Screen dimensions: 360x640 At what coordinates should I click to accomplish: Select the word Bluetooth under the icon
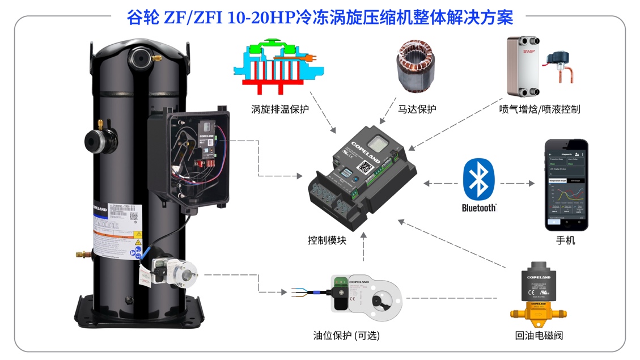[479, 208]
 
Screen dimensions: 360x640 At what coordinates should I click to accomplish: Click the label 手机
[566, 240]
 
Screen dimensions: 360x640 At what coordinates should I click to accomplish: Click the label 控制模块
[327, 240]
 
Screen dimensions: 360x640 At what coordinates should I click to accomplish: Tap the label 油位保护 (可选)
[346, 336]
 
